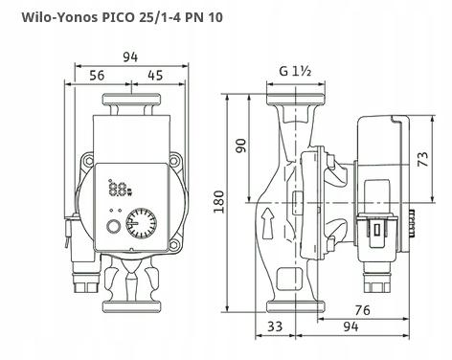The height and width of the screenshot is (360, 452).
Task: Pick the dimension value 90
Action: coord(241,146)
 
